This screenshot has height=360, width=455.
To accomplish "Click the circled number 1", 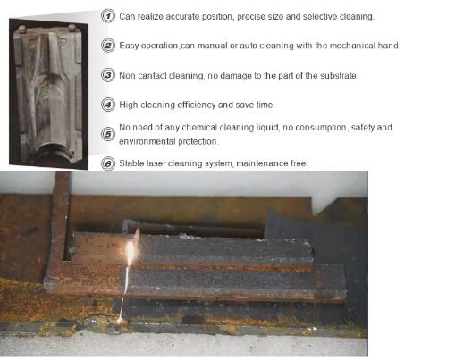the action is coord(108,16).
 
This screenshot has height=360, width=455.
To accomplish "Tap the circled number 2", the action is coord(108,46).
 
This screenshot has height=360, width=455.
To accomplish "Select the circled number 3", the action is coord(108,75).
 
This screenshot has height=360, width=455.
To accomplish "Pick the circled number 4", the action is coord(108,105).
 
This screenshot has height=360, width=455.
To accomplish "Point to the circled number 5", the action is coord(108,134).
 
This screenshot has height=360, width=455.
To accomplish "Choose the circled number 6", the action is coord(108,163).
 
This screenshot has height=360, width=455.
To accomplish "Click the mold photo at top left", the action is coord(48,93).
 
